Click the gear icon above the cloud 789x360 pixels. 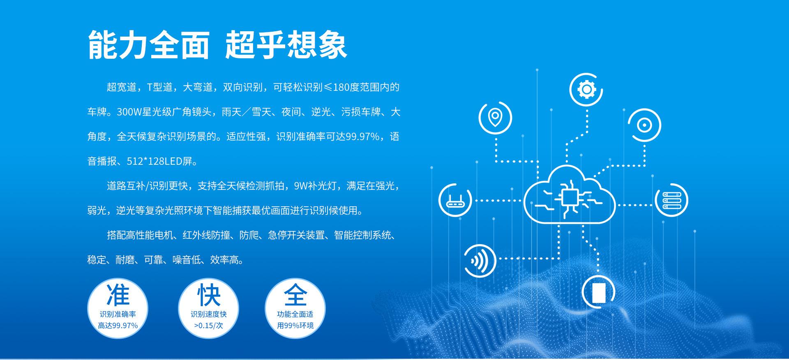point(586,90)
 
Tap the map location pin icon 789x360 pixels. point(495,118)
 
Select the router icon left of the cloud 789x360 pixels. point(455,201)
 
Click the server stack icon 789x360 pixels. point(672,201)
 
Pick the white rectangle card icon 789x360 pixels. point(598,292)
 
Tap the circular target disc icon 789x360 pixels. point(644,125)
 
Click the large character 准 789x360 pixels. point(118,295)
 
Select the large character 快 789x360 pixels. point(209,295)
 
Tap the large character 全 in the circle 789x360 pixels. point(295,295)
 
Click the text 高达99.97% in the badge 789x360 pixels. point(118,325)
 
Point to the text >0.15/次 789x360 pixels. point(209,325)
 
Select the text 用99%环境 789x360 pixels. point(295,325)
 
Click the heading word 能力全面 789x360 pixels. point(149,45)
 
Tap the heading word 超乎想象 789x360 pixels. point(286,45)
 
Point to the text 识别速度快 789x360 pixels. point(209,314)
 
